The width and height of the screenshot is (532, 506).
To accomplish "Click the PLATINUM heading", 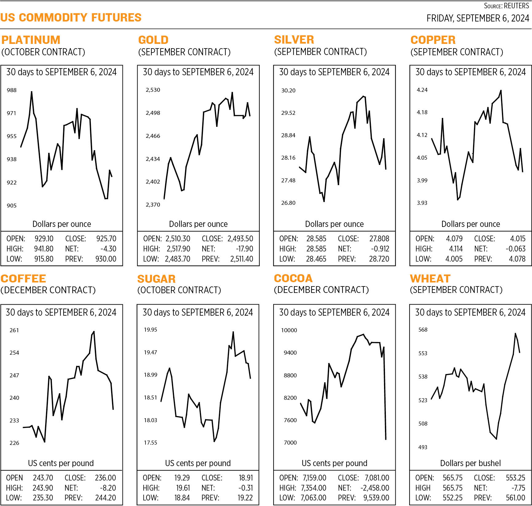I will point(31,40).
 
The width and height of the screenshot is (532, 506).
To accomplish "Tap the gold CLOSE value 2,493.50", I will point(240,239).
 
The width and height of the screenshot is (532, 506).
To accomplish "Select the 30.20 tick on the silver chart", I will point(288,90).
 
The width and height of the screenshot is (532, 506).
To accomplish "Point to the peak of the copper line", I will point(501,90).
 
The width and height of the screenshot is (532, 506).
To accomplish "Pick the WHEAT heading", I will point(430,278).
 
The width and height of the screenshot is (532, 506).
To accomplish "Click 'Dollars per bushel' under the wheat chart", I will point(470,463).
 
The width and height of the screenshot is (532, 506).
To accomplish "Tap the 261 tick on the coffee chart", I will point(14,330).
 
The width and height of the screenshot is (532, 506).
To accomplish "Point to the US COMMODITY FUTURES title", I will point(71,18).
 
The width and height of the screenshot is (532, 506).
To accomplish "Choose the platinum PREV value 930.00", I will point(106,259).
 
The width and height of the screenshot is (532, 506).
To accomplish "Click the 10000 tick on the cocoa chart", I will point(289,330).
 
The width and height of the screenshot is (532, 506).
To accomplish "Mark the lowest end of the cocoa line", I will point(386,439).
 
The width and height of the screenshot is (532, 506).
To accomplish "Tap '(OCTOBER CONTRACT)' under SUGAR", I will point(179,290).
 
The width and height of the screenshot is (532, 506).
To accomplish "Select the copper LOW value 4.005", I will point(454,259).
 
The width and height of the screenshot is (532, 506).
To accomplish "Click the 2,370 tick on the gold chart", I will point(153,205).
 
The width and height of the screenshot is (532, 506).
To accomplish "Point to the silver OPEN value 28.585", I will point(316,239).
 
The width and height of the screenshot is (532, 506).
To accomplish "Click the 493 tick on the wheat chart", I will point(423,447).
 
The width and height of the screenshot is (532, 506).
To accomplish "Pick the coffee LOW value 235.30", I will point(43,498).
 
